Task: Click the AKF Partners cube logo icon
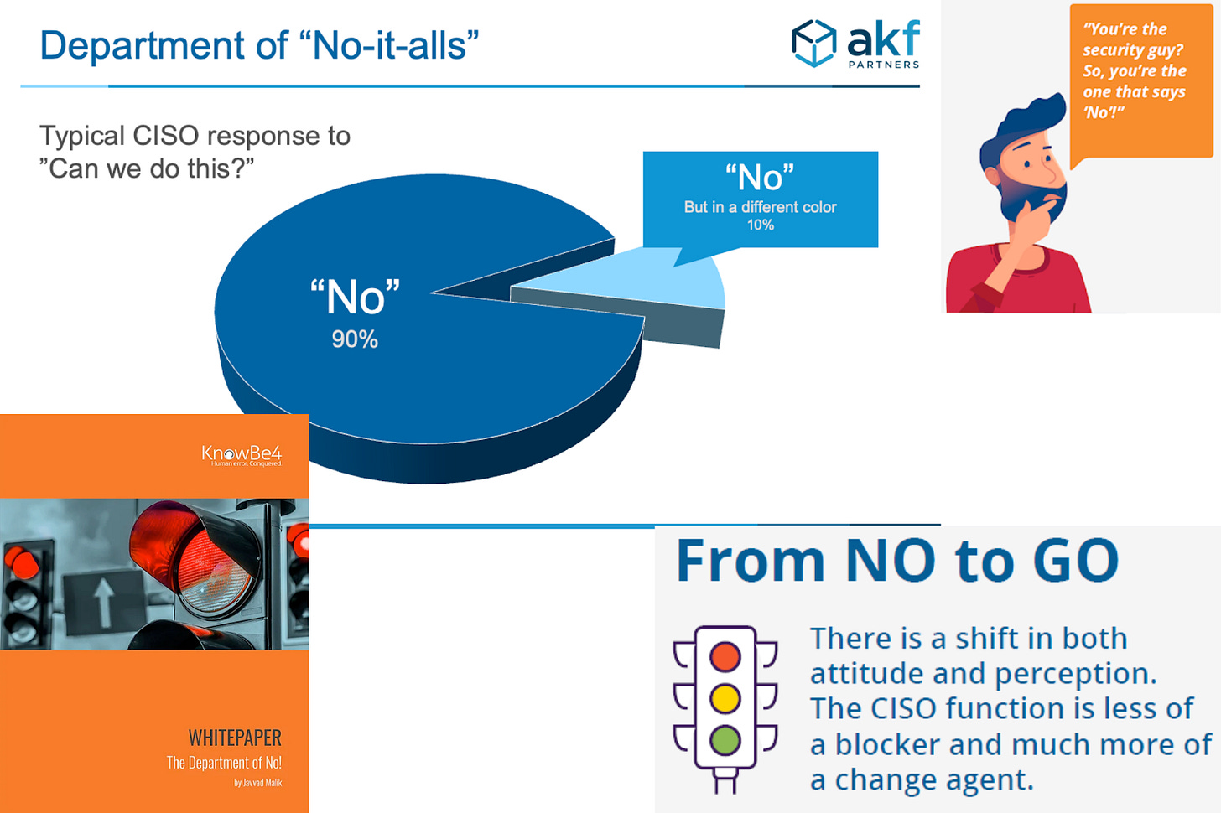click(813, 43)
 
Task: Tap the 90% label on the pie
click(355, 339)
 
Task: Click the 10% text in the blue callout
click(761, 225)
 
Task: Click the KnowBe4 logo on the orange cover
click(242, 455)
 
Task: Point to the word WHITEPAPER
click(235, 738)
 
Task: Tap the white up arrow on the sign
click(104, 602)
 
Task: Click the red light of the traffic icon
click(725, 656)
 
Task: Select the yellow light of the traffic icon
click(725, 698)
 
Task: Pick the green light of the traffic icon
click(725, 741)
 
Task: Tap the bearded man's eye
click(1027, 163)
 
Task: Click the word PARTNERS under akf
click(884, 65)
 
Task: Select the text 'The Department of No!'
click(224, 763)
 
